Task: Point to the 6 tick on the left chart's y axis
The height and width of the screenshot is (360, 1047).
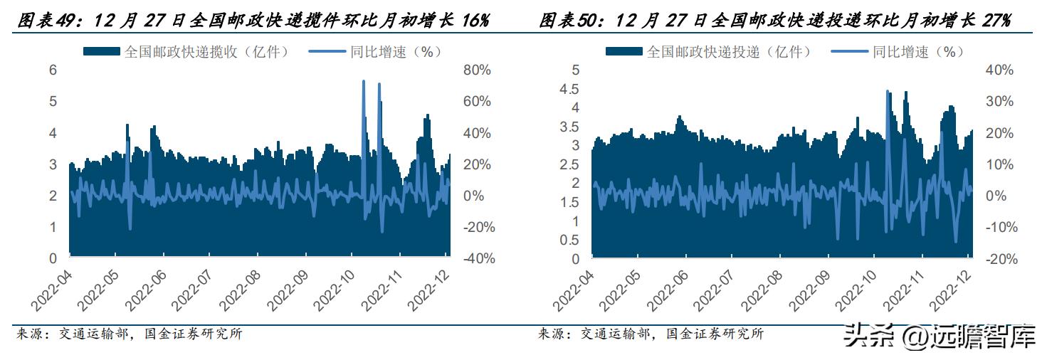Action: click(x=52, y=70)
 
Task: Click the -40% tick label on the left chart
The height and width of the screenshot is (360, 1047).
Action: click(x=476, y=259)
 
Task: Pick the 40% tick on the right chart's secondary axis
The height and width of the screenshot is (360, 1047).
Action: click(x=999, y=70)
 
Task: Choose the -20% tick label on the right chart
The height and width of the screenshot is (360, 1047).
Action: click(x=999, y=259)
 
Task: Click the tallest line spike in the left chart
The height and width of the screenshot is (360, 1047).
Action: click(x=364, y=82)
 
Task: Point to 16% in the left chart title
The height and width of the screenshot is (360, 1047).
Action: click(x=473, y=21)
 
